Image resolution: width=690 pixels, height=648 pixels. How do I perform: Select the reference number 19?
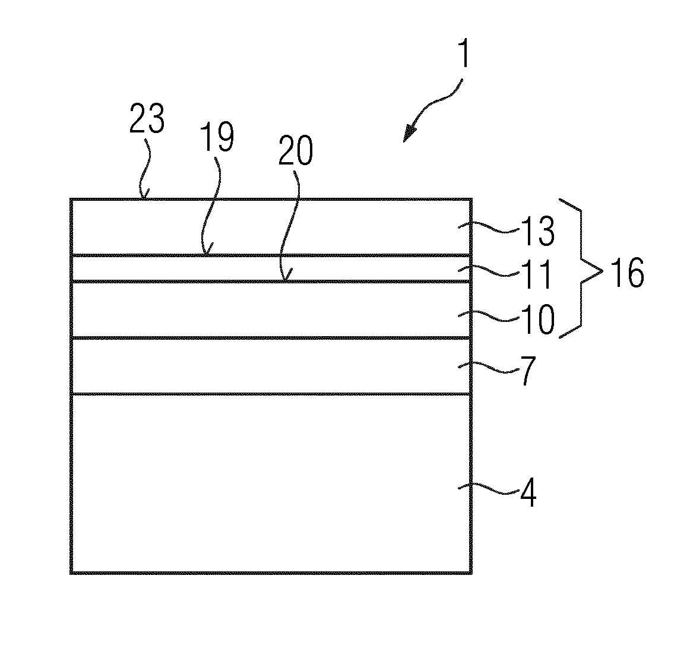click(217, 137)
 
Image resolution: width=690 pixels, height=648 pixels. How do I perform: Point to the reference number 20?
click(295, 150)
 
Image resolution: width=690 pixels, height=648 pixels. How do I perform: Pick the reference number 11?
click(536, 274)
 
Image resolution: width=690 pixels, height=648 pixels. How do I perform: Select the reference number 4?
click(528, 492)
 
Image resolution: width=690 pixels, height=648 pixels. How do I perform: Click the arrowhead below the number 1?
click(410, 134)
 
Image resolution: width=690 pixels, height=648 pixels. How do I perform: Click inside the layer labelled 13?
click(264, 227)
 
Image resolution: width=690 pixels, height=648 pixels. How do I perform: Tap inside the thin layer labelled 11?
click(264, 268)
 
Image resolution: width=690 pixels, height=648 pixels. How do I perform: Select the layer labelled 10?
click(264, 310)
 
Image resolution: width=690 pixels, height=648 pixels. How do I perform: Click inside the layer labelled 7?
click(264, 366)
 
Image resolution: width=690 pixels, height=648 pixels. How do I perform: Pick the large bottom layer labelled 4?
click(264, 483)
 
